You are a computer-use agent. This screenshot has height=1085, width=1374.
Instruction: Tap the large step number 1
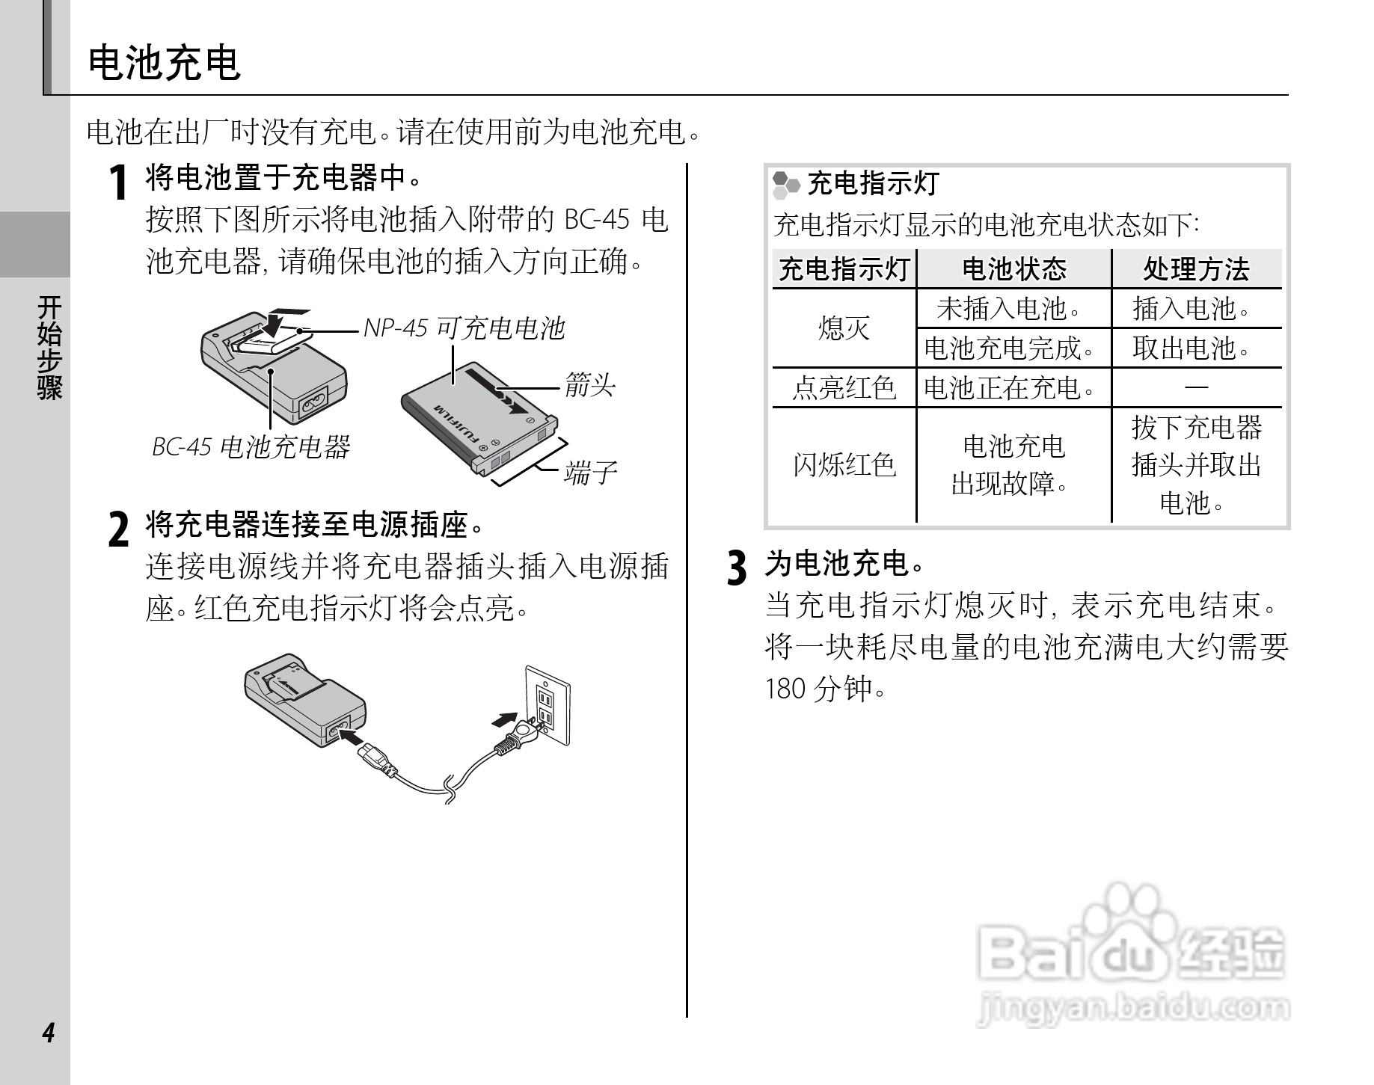[x=117, y=183]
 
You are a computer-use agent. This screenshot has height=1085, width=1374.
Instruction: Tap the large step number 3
[x=737, y=568]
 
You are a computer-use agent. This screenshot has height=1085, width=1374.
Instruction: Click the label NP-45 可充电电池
[x=464, y=328]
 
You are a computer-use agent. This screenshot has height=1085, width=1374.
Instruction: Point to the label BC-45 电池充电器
[x=251, y=447]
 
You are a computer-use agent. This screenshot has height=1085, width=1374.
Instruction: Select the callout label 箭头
[x=589, y=386]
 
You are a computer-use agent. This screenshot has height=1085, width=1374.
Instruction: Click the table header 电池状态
[x=1013, y=269]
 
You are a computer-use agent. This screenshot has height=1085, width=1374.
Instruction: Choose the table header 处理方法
[x=1196, y=269]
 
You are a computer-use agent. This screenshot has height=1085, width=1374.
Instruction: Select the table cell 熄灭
[x=844, y=328]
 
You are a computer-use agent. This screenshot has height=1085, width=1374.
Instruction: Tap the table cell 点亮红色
[x=844, y=387]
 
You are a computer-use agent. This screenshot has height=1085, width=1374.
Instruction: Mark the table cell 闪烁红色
[x=844, y=465]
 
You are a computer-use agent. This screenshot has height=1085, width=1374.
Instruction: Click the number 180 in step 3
[x=785, y=689]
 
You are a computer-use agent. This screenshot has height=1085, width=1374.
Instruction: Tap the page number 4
[x=49, y=1033]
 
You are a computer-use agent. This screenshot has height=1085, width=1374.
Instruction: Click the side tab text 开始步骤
[x=49, y=347]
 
